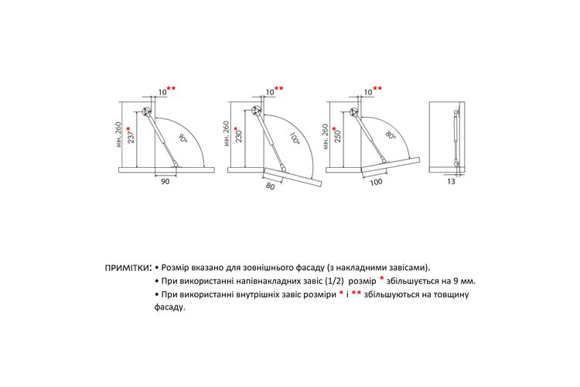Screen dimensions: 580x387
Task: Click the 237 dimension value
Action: (131, 138)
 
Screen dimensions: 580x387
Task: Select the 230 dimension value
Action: (239, 136)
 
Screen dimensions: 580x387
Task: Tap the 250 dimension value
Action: (337, 136)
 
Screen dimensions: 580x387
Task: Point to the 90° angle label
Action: (182, 139)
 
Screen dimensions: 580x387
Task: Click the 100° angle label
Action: (294, 138)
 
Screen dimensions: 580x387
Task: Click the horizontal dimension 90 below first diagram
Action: (165, 181)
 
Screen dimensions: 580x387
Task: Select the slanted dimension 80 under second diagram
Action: (271, 187)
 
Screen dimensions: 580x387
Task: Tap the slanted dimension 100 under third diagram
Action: (376, 182)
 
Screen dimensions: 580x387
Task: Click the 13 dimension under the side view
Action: (452, 181)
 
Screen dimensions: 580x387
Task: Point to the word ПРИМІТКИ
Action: (128, 268)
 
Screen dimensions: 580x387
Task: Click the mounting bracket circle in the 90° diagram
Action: (147, 111)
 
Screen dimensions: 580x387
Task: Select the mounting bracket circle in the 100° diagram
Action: (256, 110)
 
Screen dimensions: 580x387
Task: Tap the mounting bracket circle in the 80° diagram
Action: (354, 111)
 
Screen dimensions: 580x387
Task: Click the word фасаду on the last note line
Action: (169, 307)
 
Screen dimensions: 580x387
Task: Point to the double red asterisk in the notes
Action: (357, 293)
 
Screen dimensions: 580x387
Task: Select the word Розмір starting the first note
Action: (175, 267)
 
